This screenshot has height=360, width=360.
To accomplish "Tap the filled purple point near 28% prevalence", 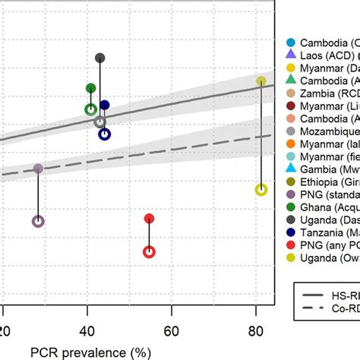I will coord(38,169).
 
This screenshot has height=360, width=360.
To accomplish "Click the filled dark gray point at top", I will coord(99,58).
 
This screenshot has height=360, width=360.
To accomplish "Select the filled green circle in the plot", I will coord(90,88).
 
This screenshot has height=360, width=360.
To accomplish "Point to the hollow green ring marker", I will coord(90,109).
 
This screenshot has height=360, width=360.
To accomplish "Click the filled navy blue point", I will coord(105,106).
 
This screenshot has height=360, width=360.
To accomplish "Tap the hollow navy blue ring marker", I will coord(105,134).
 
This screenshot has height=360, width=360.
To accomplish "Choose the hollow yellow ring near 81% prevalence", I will coord(261,190).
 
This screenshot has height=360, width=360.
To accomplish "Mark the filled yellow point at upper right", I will coord(261,81).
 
